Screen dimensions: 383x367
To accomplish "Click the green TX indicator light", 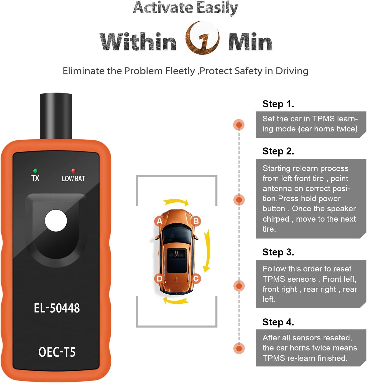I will [x=35, y=171].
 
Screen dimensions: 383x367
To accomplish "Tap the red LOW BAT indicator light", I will [x=73, y=171].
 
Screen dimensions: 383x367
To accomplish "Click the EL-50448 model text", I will [x=57, y=308].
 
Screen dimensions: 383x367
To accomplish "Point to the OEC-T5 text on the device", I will [x=57, y=352].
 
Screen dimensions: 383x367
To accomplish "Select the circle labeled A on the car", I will [x=159, y=221].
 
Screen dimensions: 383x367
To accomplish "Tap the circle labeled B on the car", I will [x=196, y=221].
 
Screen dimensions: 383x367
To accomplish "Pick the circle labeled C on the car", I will [x=196, y=279].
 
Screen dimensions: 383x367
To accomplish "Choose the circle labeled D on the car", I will [x=159, y=279].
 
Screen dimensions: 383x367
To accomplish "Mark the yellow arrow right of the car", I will [x=207, y=251].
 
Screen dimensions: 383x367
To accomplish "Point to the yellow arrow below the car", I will [x=176, y=300].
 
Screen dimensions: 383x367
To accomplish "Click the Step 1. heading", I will [x=278, y=104].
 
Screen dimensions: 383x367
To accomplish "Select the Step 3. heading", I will [x=278, y=252].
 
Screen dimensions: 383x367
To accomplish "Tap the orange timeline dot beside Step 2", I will [x=239, y=200].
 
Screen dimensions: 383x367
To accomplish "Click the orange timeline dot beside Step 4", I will [x=239, y=348].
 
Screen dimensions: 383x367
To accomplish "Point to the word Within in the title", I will [x=138, y=42].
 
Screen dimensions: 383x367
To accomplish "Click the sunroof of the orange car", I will [x=177, y=260].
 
